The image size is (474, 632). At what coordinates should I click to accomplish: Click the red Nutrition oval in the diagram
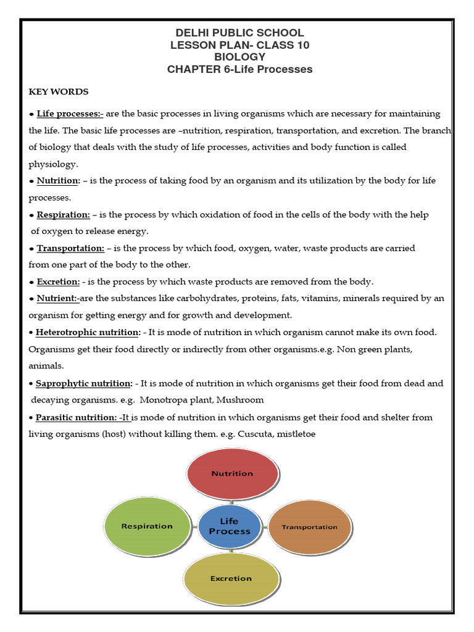(x=232, y=473)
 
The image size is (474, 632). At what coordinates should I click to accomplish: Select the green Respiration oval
(x=146, y=526)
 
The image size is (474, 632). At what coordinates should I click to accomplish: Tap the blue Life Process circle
(x=229, y=526)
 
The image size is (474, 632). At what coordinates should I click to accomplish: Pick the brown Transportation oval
(x=310, y=526)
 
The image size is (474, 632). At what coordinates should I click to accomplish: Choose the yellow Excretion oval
(x=231, y=578)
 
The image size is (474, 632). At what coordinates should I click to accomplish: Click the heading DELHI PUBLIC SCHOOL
(x=239, y=33)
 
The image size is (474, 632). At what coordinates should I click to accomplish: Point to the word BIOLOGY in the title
(x=239, y=57)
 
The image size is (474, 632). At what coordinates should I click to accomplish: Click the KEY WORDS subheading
(x=59, y=92)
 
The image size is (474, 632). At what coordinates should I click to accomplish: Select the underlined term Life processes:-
(x=70, y=114)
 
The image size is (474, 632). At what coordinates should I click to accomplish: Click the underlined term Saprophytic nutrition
(x=84, y=383)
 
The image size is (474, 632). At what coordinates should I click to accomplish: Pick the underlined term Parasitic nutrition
(x=77, y=417)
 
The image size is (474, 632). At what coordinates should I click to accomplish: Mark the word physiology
(x=53, y=164)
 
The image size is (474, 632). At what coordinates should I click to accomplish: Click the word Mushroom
(x=240, y=400)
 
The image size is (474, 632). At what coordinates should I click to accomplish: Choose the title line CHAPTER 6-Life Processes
(x=239, y=69)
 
